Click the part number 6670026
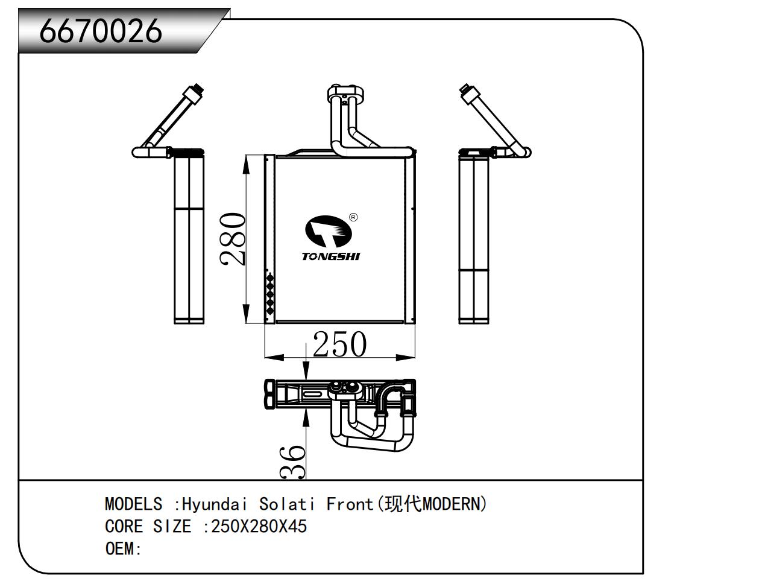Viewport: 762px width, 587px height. point(101,30)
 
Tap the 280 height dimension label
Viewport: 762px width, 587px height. point(233,239)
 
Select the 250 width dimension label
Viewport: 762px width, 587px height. point(339,344)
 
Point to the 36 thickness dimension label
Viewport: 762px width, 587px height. point(294,462)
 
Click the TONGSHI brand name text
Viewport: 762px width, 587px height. point(331,256)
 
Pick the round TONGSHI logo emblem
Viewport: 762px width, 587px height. point(326,232)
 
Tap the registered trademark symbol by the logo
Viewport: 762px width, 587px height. point(353,217)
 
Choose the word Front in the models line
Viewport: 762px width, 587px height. point(350,504)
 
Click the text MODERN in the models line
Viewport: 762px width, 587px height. point(450,504)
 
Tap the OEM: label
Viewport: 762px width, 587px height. point(123,549)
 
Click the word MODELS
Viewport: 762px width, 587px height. point(133,504)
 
